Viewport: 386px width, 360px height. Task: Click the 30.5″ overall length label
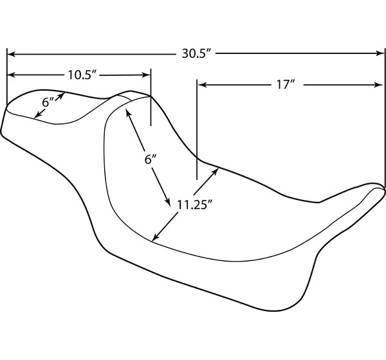196,53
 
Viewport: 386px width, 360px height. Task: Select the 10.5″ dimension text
82,75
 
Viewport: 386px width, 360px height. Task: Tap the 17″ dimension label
285,85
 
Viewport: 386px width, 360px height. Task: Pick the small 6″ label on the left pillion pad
48,102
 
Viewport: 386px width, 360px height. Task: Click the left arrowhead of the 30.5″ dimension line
12,53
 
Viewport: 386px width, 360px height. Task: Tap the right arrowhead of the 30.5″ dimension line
380,53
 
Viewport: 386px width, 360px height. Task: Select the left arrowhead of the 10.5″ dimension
12,75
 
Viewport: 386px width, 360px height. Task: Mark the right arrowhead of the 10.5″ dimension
147,75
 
